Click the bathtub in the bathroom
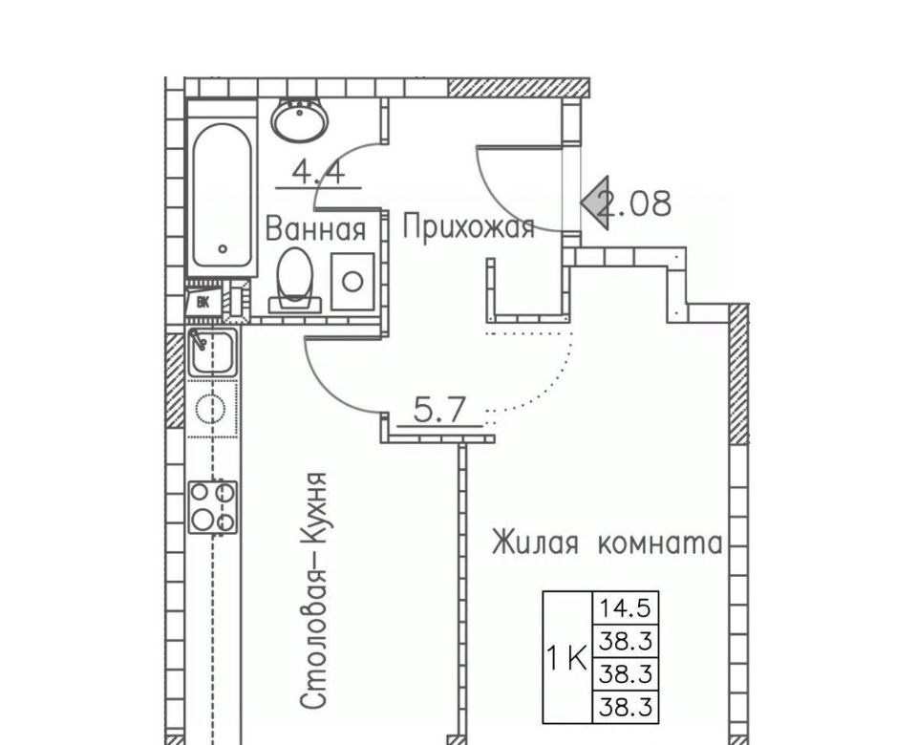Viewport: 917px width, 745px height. click(223, 188)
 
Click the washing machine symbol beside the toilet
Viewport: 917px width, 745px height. click(352, 281)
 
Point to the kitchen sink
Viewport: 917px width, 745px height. click(213, 352)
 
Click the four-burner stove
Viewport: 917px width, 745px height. click(213, 506)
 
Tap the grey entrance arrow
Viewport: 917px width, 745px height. click(595, 202)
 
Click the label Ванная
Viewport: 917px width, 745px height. click(316, 228)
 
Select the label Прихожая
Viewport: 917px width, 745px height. click(468, 227)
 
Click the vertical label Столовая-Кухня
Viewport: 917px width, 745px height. click(313, 591)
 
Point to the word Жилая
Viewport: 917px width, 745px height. click(535, 543)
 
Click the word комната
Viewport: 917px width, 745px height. click(660, 543)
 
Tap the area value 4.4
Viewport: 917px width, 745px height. click(319, 173)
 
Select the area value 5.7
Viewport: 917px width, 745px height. click(439, 410)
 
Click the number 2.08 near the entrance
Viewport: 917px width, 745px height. click(636, 202)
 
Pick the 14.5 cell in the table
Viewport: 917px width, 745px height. click(626, 608)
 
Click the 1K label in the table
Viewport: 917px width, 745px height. click(566, 658)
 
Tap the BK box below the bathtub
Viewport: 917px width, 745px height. click(203, 303)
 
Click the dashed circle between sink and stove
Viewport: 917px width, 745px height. click(210, 408)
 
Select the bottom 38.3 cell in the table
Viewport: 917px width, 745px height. click(626, 707)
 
